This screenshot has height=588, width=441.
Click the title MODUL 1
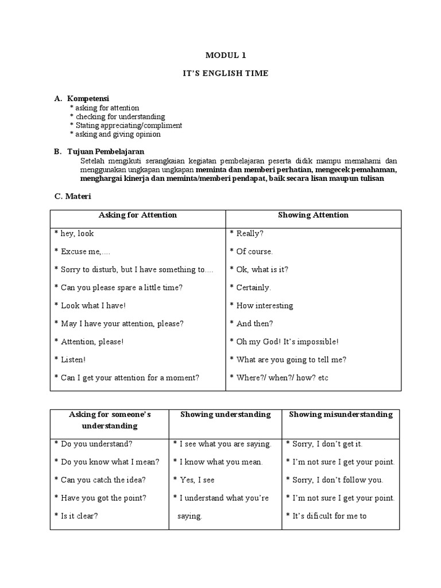220,55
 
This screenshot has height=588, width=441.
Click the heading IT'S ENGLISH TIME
220,74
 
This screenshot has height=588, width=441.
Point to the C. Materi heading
73,196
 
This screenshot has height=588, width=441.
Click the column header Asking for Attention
138,215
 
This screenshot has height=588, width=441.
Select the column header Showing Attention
313,215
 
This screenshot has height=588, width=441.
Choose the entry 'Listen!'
73,359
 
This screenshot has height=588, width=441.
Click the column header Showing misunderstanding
341,415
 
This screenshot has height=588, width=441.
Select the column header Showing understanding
225,415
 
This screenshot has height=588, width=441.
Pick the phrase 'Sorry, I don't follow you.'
334,480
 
